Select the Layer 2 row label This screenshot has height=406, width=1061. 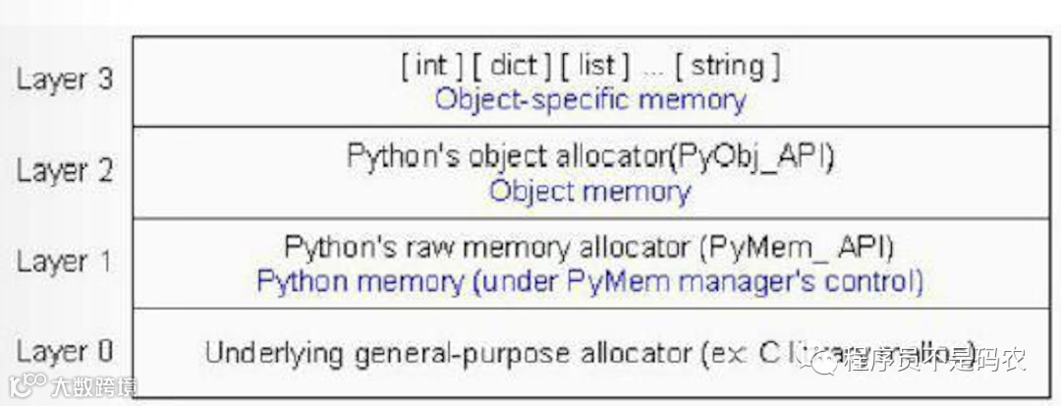click(x=65, y=171)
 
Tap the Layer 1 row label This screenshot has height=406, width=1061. click(x=65, y=261)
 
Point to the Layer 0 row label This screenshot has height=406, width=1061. click(x=65, y=351)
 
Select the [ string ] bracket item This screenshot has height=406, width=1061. click(x=735, y=67)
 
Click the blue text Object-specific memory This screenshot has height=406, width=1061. click(x=590, y=99)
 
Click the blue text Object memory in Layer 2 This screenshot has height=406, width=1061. click(x=590, y=190)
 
